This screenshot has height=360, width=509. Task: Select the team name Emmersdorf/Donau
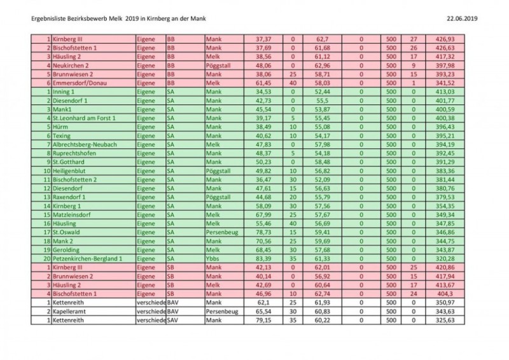[x=79, y=83]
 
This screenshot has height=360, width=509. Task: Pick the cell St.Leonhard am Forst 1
[x=85, y=118]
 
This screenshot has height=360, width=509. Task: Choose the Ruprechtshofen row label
[x=76, y=153]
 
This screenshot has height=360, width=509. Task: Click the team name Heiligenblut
[x=72, y=171]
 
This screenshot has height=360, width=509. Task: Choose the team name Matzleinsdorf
[x=74, y=215]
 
